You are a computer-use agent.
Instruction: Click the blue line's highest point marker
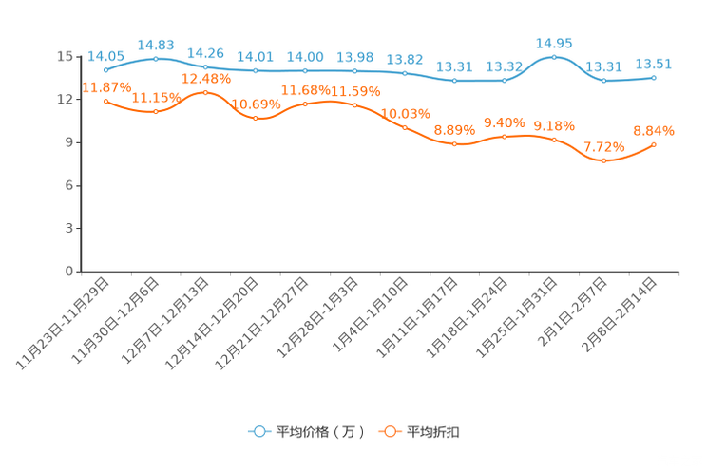[554, 57]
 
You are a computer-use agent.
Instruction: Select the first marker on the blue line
[105, 70]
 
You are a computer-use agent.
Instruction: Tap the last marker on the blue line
[654, 77]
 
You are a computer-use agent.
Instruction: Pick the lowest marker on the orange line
[603, 160]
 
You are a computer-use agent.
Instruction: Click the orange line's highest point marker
[205, 91]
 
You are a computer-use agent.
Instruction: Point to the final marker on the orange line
[654, 144]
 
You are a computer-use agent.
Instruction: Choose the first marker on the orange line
[105, 100]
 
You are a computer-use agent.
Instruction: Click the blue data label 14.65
[554, 43]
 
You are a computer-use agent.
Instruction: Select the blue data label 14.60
[156, 45]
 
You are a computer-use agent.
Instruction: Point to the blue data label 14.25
[205, 52]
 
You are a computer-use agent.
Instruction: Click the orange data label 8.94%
[654, 130]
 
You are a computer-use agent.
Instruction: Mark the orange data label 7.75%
[603, 146]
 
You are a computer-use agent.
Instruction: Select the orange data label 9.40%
[505, 123]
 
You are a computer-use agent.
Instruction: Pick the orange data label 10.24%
[406, 112]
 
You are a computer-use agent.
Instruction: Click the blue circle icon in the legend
[258, 431]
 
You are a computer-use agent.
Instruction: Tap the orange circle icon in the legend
[389, 431]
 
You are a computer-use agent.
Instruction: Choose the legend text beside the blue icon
[320, 432]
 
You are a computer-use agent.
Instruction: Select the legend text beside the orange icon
[434, 432]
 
